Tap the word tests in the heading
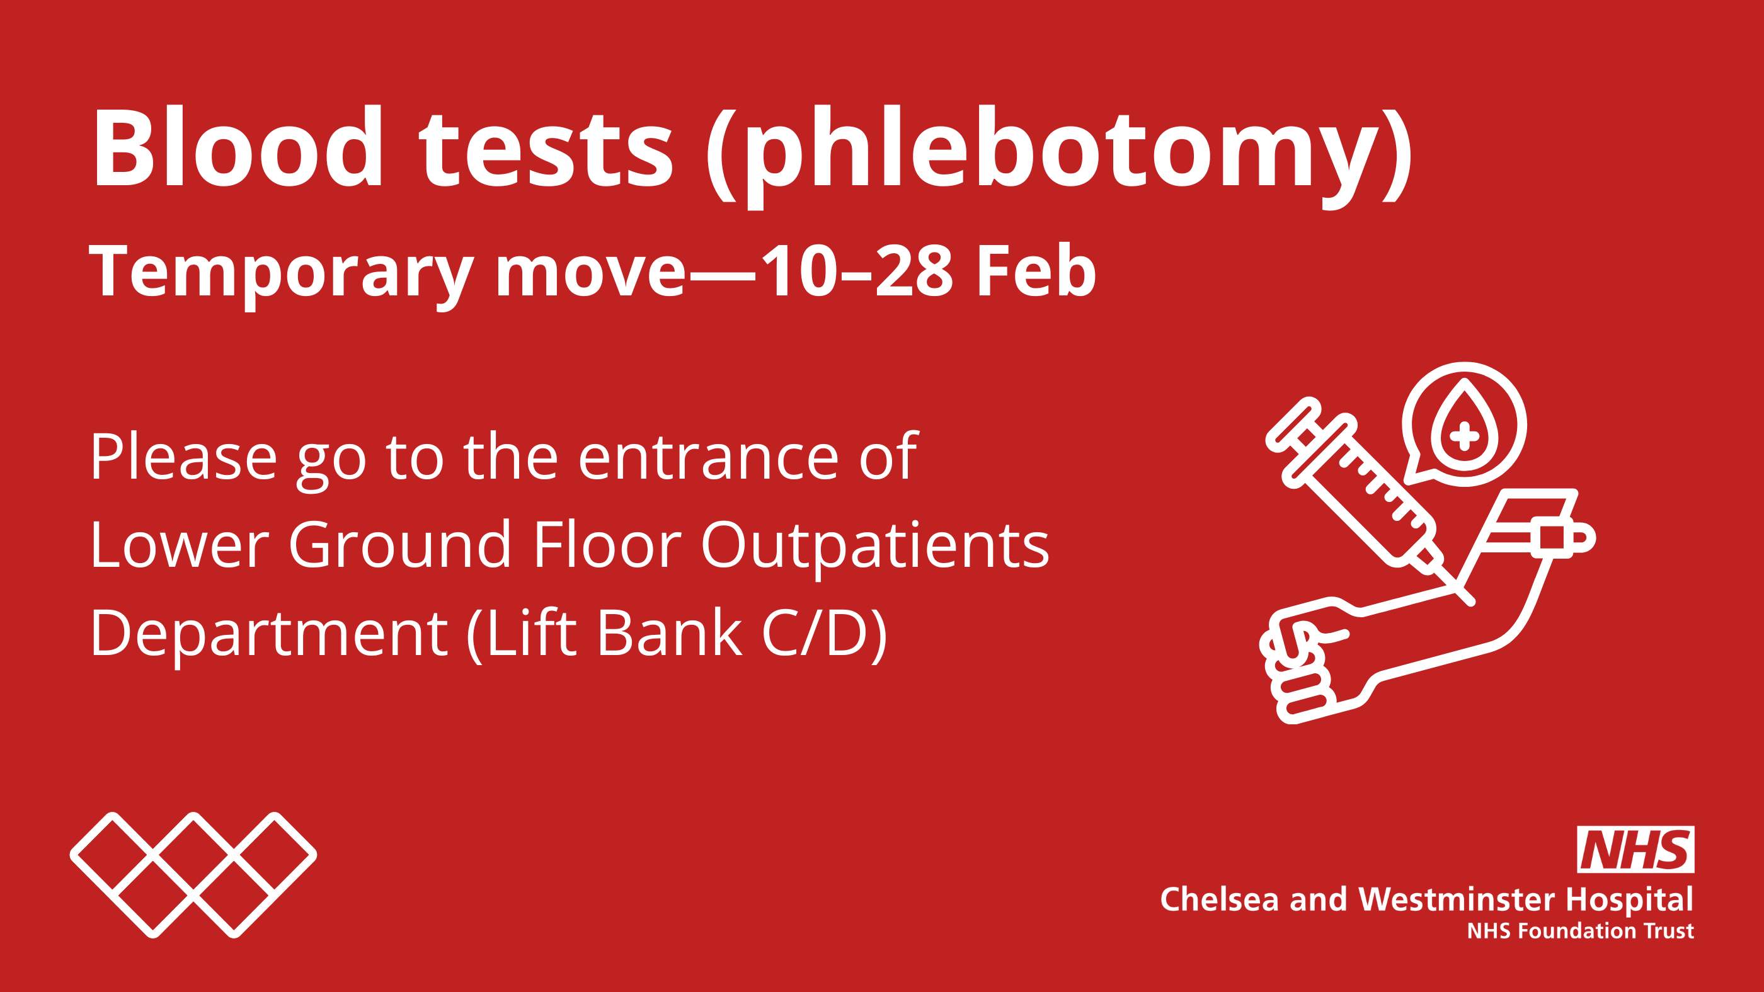pos(546,149)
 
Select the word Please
pos(183,457)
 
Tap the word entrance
pos(708,457)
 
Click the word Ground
pos(400,545)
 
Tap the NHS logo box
pos(1635,850)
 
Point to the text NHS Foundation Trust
pos(1580,931)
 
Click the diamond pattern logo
pos(193,874)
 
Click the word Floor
pos(607,545)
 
